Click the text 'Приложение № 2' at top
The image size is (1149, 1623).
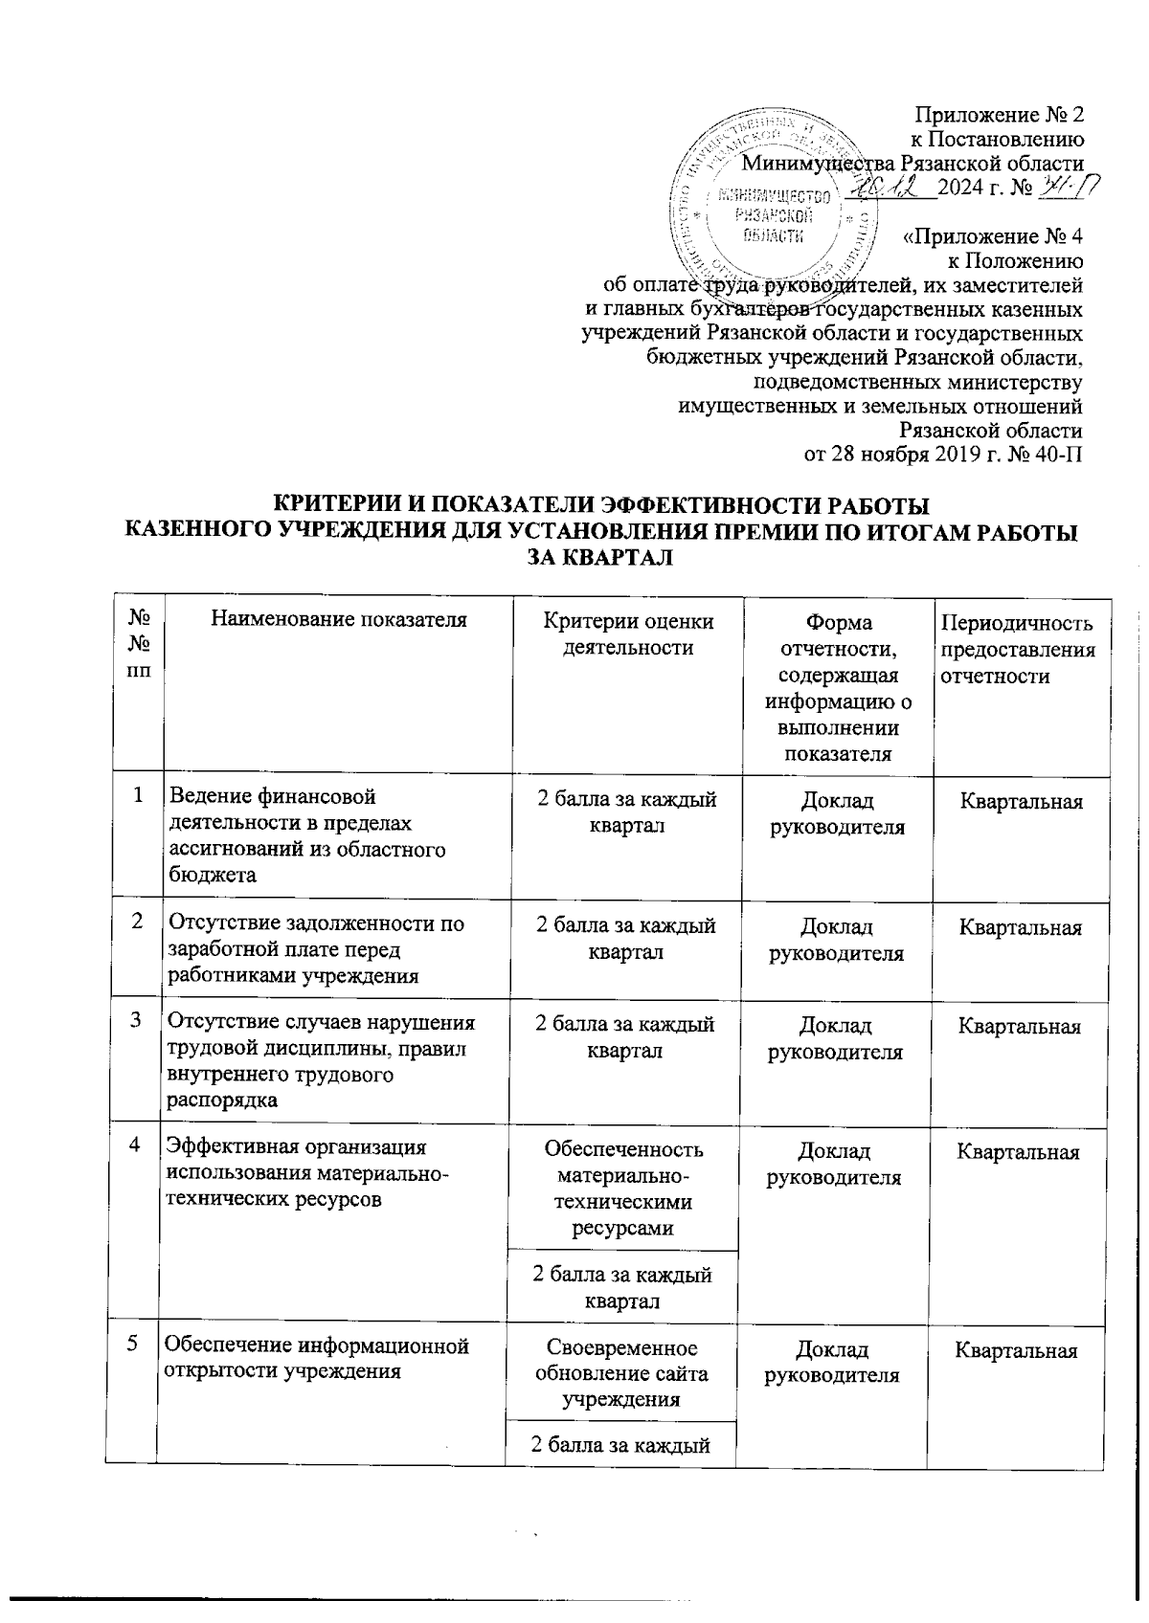pyautogui.click(x=1000, y=116)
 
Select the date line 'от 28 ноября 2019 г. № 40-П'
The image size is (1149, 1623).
pyautogui.click(x=942, y=454)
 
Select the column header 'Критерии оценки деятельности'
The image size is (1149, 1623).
pyautogui.click(x=628, y=634)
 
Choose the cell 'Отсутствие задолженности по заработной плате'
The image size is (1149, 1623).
pyautogui.click(x=316, y=949)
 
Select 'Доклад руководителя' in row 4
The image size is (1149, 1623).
pyautogui.click(x=836, y=1164)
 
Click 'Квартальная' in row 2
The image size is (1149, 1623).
pyautogui.click(x=1021, y=927)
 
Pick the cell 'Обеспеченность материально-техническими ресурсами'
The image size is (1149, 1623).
pyautogui.click(x=622, y=1188)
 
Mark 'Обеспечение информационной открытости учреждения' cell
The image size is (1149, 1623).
pyautogui.click(x=317, y=1358)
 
